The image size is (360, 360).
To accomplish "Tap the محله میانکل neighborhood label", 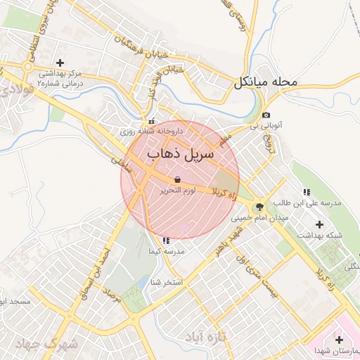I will (266, 82).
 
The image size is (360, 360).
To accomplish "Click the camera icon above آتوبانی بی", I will (266, 115).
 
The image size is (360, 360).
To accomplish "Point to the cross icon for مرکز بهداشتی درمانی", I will (60, 63).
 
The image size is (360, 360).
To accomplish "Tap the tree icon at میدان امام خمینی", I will (260, 207).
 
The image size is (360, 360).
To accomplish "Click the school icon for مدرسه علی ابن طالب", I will (306, 192).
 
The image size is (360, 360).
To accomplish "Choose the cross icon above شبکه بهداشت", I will (320, 224).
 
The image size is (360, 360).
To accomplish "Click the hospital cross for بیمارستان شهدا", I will (340, 340).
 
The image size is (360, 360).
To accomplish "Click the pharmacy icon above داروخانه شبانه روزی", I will (151, 121).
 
